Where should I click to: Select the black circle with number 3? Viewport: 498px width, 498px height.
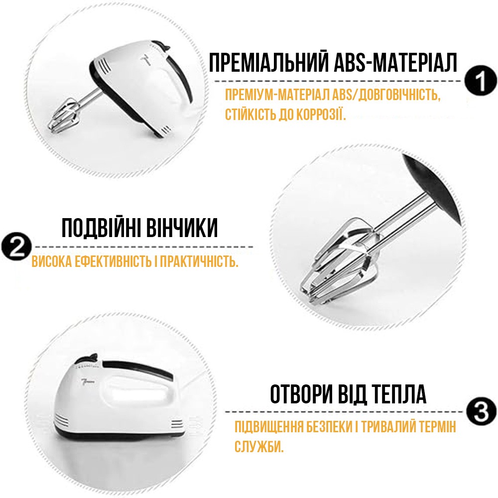482,412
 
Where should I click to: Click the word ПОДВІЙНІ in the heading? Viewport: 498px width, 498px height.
101,228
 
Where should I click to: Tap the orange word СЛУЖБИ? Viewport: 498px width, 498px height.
259,446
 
